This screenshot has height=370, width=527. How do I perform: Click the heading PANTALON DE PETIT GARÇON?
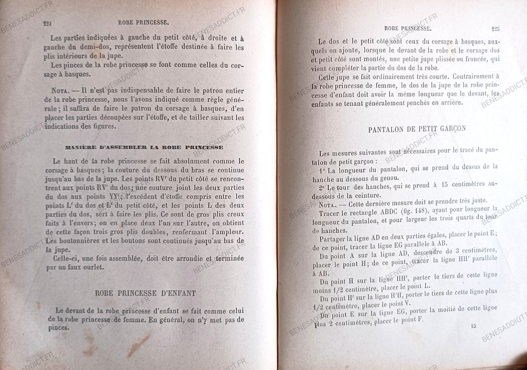tap(417, 129)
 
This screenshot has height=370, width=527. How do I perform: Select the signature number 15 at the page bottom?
tap(473, 326)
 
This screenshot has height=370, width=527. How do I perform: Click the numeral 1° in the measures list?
tap(323, 171)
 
